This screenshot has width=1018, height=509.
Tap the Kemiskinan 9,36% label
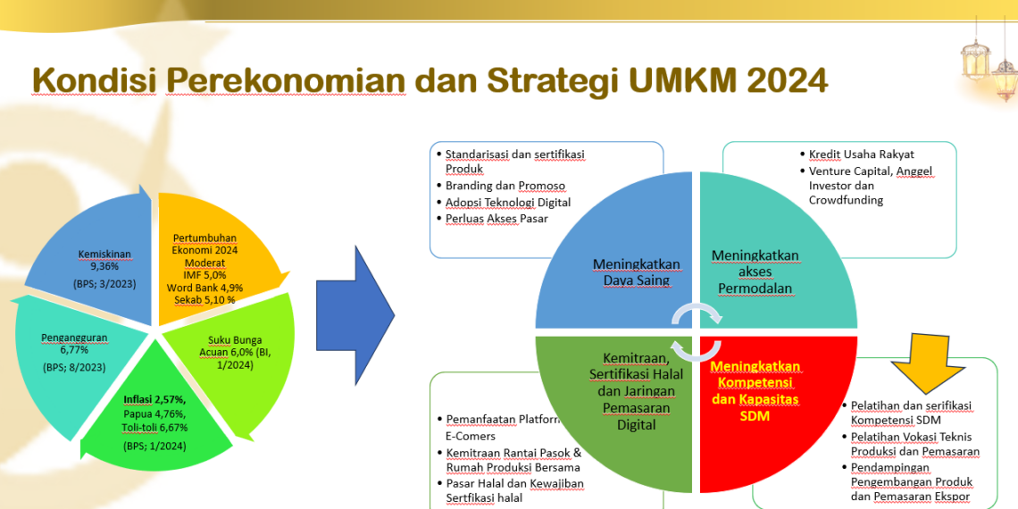point(104,260)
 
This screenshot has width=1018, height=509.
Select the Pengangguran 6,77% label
point(72,344)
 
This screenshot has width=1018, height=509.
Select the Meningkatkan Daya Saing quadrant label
point(636,272)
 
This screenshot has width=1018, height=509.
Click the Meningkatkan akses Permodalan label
point(755,271)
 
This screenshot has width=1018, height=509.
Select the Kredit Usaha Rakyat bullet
point(861,154)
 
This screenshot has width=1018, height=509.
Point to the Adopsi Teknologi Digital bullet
point(507,202)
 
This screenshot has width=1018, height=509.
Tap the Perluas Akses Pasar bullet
point(496,218)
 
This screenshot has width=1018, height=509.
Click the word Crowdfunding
point(846,200)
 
